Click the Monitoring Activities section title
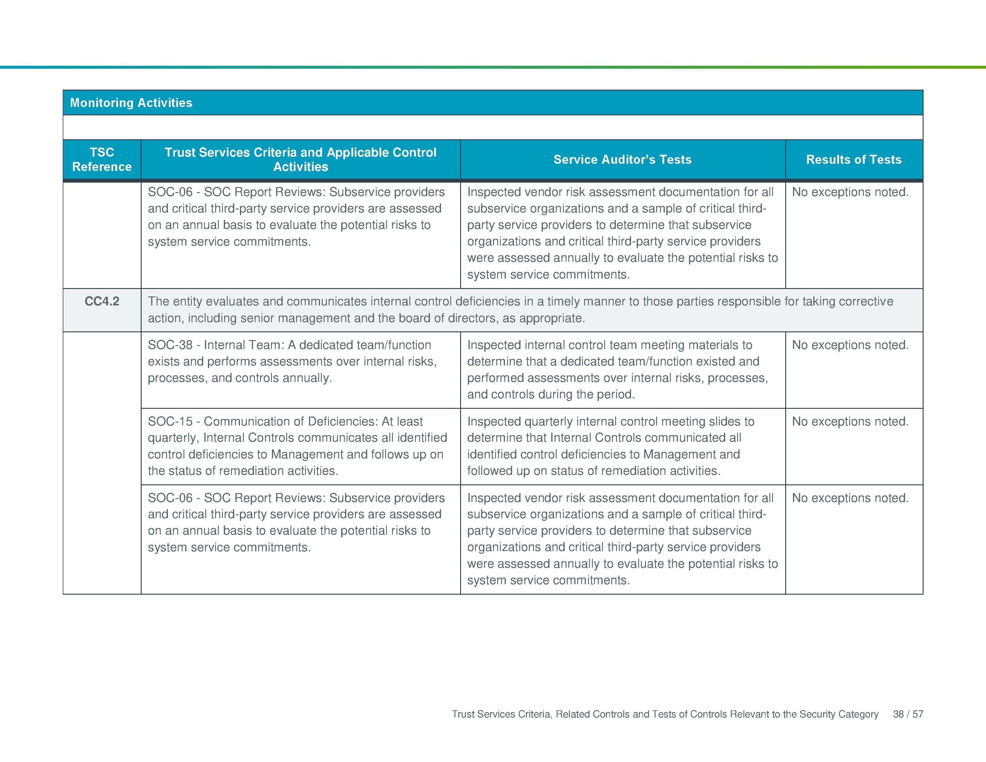(x=131, y=103)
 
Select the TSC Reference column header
(x=102, y=159)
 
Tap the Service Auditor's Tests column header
(x=622, y=159)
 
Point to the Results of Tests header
(x=853, y=159)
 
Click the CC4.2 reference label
(x=102, y=301)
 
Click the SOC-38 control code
(x=170, y=345)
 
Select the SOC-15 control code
(x=170, y=421)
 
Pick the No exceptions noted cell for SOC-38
(x=850, y=345)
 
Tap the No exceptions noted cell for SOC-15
(x=850, y=421)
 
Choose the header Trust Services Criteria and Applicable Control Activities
(x=300, y=159)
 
